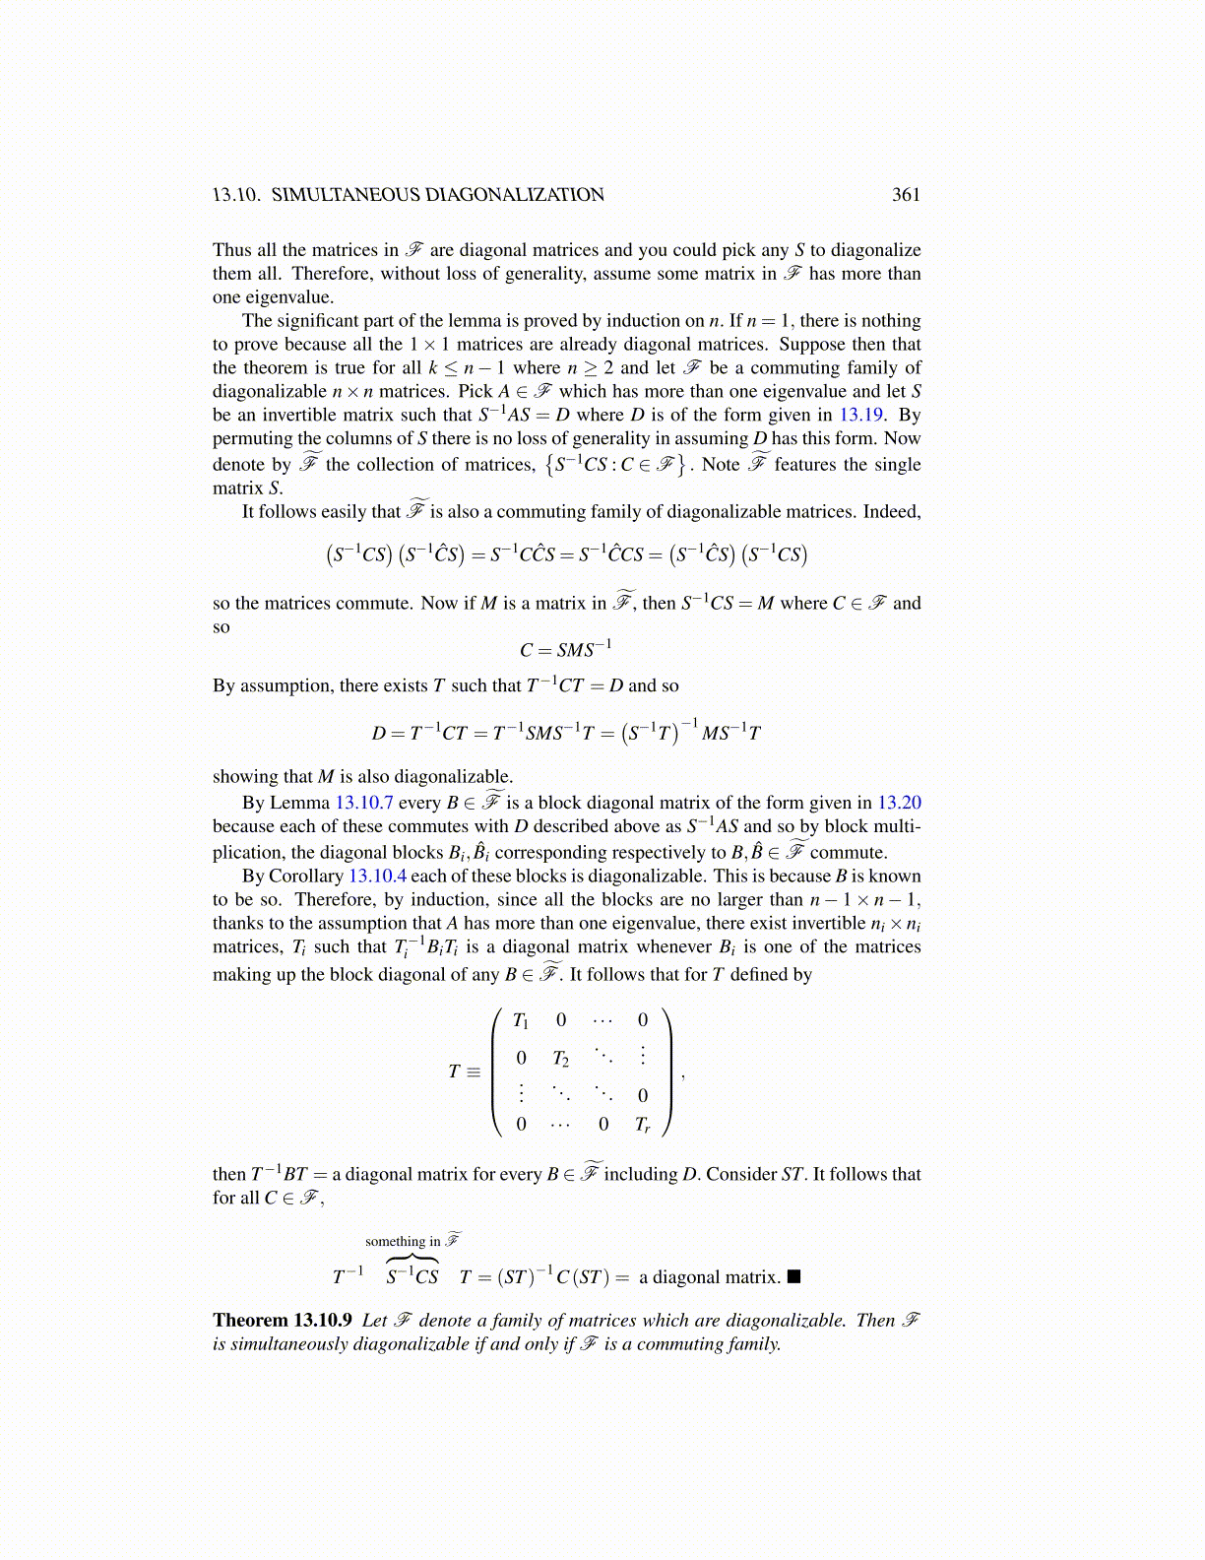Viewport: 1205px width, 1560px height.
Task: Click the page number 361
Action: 906,195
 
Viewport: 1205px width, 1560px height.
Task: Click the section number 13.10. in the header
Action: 236,195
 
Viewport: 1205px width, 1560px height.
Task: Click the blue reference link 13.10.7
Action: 364,803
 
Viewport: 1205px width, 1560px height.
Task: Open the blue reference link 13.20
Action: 899,803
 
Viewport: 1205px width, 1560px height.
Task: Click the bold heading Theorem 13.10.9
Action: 282,1320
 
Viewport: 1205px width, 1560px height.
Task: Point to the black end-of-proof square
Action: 794,1277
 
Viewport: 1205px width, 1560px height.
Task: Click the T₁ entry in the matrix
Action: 521,1020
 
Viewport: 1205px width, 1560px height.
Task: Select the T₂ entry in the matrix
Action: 560,1059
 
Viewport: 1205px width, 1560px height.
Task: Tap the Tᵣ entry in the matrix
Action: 642,1124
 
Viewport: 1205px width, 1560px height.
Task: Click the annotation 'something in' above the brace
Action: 402,1242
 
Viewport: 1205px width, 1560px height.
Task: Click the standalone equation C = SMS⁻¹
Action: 565,650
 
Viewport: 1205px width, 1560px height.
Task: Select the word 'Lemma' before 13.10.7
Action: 299,803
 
